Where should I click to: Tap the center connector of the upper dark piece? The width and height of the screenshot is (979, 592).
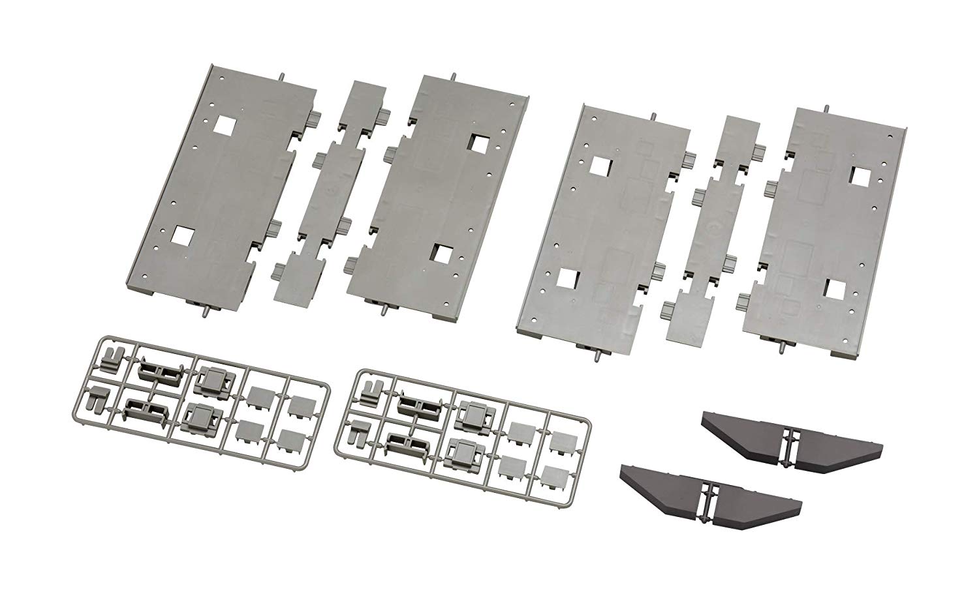point(792,441)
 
